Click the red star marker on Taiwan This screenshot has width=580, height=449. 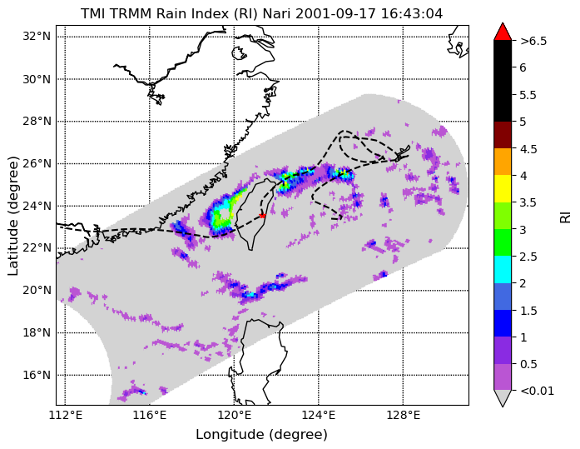tap(262, 216)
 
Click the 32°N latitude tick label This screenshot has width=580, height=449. tap(37, 37)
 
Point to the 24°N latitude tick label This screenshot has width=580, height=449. tap(37, 206)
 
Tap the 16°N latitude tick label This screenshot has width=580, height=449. tap(37, 376)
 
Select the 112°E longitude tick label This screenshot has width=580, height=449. tap(66, 416)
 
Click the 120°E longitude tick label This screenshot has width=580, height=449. tap(234, 416)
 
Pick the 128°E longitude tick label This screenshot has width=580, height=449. tap(404, 416)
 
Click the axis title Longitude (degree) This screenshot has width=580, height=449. tap(261, 435)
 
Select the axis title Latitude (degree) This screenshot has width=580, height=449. tap(13, 216)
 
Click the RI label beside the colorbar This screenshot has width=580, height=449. tap(566, 216)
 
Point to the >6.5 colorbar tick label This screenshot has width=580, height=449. tap(533, 41)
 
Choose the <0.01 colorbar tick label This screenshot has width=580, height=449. tap(537, 391)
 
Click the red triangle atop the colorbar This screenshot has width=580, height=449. tap(503, 32)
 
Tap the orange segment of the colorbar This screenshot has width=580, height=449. tap(503, 162)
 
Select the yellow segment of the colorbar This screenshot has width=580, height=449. tap(503, 189)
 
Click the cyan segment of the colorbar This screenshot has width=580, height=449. tap(503, 269)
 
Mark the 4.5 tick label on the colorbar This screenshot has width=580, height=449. tap(528, 149)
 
